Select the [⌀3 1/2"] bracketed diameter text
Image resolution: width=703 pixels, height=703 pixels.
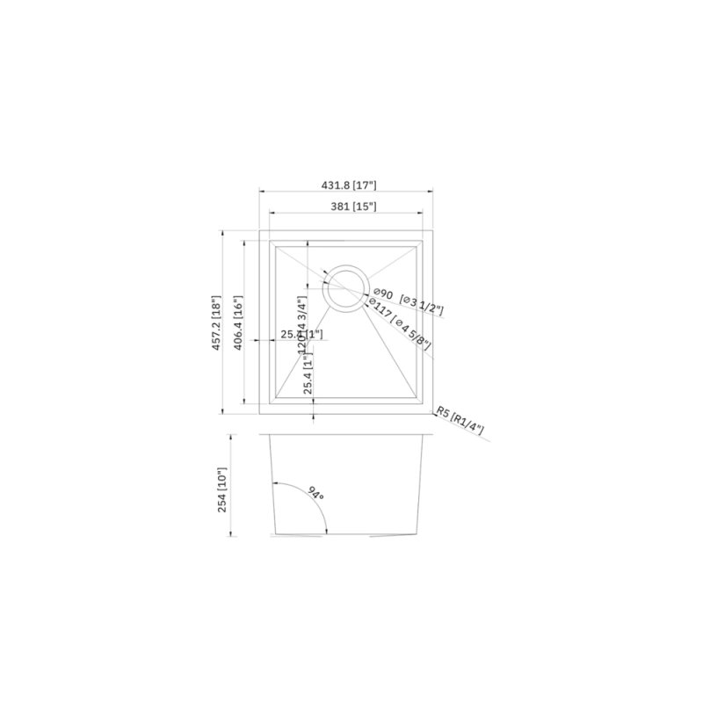pyautogui.click(x=422, y=305)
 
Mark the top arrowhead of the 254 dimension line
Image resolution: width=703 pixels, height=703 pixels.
pyautogui.click(x=231, y=437)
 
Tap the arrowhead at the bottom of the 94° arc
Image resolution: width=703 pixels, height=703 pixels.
pyautogui.click(x=328, y=530)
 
